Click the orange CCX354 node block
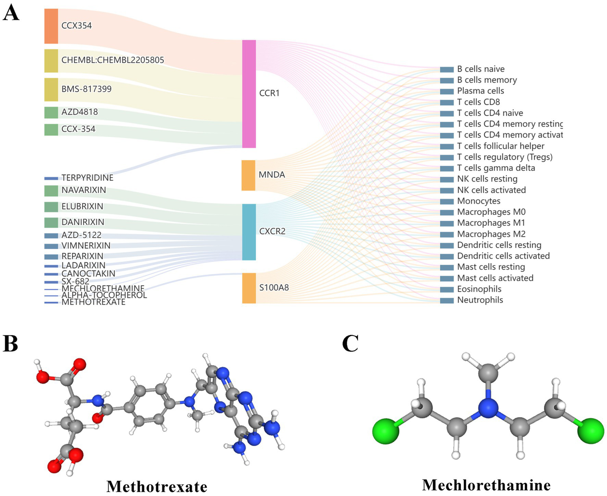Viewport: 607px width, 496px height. [x=51, y=26]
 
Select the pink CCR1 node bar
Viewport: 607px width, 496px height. [x=249, y=94]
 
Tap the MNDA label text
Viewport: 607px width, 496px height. [x=272, y=174]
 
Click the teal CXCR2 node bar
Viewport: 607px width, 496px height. [x=249, y=232]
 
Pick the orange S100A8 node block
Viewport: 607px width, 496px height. [x=249, y=288]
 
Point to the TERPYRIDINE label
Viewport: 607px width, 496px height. [x=87, y=178]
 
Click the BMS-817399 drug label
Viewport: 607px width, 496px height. [x=86, y=89]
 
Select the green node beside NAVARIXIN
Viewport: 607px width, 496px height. [x=51, y=191]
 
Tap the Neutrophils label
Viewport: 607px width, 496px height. [x=480, y=300]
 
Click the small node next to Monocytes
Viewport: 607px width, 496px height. [x=447, y=201]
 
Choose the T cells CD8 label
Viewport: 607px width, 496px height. [x=478, y=102]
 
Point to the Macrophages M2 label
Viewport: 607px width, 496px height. [x=491, y=234]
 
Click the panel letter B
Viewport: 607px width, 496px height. [x=11, y=343]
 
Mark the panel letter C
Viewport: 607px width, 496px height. [x=350, y=343]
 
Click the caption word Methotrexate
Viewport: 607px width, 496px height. [x=157, y=486]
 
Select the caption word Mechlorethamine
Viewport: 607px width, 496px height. [x=486, y=485]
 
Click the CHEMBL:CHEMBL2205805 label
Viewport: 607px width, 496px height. [x=112, y=60]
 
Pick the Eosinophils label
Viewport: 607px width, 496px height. [x=479, y=289]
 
